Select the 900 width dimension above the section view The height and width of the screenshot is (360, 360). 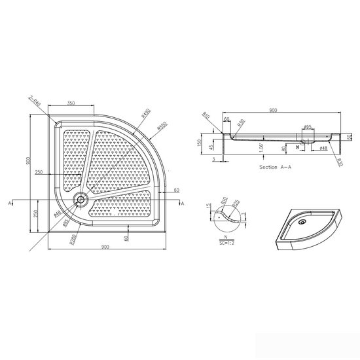(274, 111)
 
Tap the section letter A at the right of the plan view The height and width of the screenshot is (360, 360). (183, 205)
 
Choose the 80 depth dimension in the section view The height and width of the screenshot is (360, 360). (283, 149)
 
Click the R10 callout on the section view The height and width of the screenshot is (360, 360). (206, 117)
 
